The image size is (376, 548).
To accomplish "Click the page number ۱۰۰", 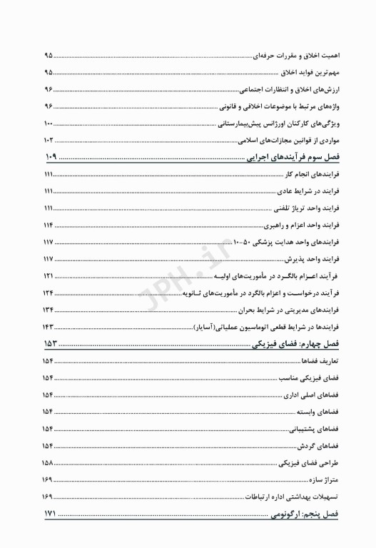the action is (x=49, y=124).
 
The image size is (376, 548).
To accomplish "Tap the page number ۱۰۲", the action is (x=49, y=141).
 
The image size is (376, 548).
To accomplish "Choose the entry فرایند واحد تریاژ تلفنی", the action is (x=305, y=209).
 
